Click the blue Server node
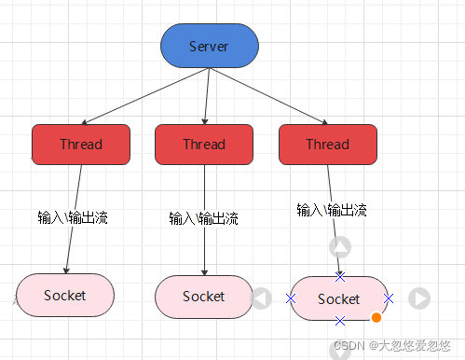[209, 47]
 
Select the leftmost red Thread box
[81, 144]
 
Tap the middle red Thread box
[204, 144]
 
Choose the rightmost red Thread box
[327, 144]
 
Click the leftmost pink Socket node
[65, 295]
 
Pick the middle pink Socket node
[203, 296]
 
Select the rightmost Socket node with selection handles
[339, 298]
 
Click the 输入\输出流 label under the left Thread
[73, 217]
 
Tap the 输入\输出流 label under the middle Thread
[204, 218]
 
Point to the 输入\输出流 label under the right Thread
[332, 210]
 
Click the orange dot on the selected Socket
[376, 318]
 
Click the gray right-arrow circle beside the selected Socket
[419, 298]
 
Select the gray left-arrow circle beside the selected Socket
[262, 298]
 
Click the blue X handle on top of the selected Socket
[340, 277]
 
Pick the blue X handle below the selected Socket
[340, 321]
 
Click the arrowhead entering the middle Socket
[204, 271]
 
